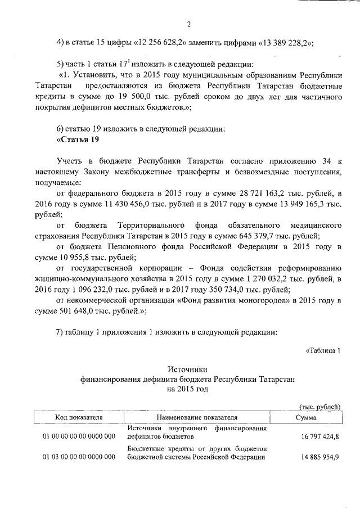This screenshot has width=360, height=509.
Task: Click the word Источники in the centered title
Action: pyautogui.click(x=188, y=369)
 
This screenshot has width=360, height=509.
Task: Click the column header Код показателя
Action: pyautogui.click(x=78, y=418)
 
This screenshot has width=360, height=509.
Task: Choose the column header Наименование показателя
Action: pyautogui.click(x=197, y=418)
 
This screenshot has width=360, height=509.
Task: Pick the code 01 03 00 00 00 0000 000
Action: pyautogui.click(x=79, y=457)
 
